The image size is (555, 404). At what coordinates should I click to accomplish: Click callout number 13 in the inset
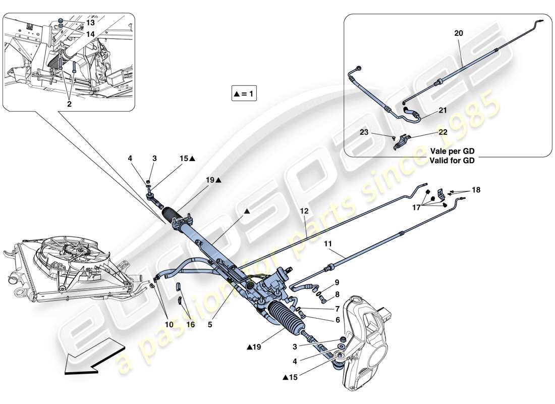tap(89, 23)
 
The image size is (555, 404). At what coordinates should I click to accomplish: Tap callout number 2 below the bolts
tap(69, 104)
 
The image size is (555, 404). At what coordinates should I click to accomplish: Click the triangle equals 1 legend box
tap(244, 93)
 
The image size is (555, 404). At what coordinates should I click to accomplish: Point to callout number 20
tap(458, 33)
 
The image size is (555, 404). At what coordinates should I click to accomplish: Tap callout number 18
tap(476, 190)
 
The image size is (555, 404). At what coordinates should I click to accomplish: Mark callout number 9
tap(337, 282)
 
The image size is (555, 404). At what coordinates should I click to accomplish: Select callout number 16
tap(190, 325)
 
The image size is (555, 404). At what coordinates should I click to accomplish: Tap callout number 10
tap(168, 325)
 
